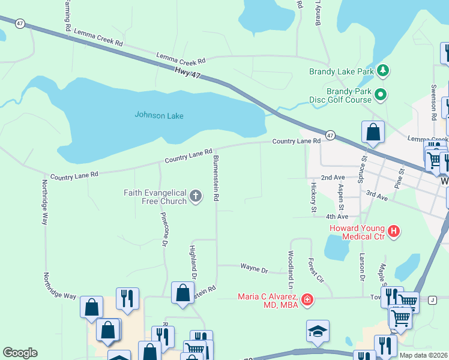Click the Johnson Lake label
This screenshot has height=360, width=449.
[158, 115]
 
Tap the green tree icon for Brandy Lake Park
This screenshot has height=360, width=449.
[383, 71]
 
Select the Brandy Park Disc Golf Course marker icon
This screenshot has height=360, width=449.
[380, 94]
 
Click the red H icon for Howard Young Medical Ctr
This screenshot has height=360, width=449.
[394, 231]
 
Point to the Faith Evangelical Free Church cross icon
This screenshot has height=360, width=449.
[196, 196]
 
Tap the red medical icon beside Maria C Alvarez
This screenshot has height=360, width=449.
[307, 299]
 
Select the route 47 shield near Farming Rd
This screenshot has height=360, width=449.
[20, 23]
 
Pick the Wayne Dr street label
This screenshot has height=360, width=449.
[254, 269]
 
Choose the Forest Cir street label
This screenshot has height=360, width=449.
[316, 271]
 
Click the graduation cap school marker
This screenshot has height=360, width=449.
[318, 331]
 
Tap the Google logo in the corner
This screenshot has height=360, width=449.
[20, 353]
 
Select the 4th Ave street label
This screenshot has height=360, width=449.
[337, 217]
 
